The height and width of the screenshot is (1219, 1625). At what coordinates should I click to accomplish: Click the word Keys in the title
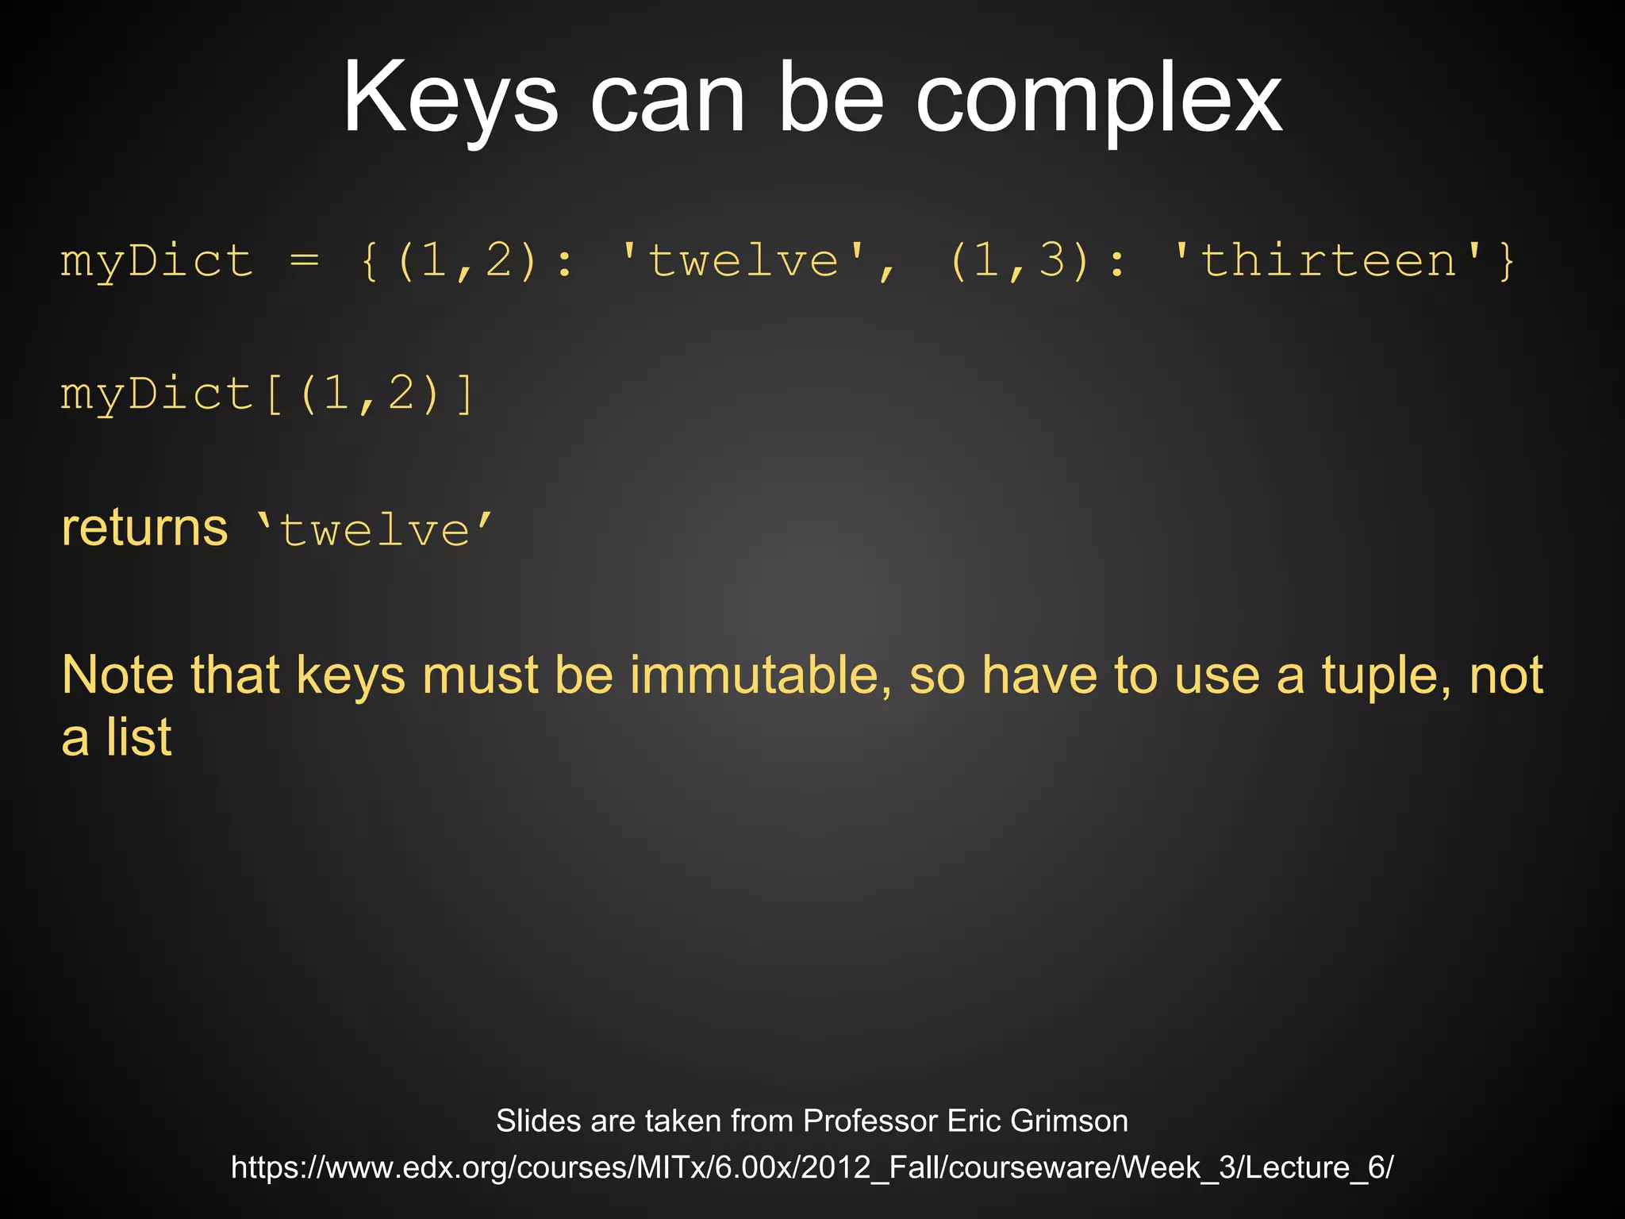click(450, 99)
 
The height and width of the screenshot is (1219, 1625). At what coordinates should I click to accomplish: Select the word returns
click(144, 528)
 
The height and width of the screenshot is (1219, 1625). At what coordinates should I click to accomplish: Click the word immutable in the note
click(755, 675)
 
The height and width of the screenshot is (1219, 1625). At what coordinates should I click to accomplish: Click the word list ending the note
click(139, 737)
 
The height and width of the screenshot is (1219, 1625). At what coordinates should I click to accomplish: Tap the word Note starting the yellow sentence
click(117, 675)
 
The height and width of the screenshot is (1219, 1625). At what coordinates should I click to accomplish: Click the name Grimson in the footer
click(1069, 1121)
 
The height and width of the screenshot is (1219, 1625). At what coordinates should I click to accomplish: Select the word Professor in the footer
click(870, 1121)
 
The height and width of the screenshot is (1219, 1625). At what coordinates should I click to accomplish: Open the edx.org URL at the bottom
click(812, 1167)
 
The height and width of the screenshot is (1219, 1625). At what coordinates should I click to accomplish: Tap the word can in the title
click(667, 99)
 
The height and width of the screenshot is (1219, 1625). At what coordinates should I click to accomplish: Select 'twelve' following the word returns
click(375, 529)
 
